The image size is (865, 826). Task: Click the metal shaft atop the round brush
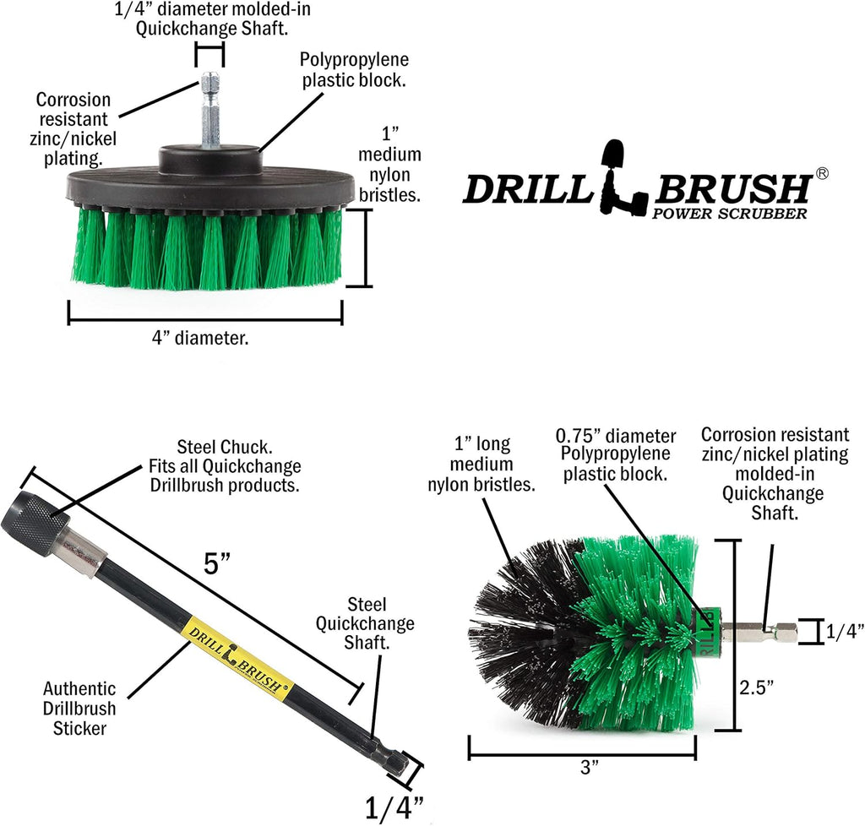coord(208,111)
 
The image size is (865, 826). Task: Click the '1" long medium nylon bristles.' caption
coord(482,464)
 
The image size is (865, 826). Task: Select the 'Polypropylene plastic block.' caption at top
coord(354,70)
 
